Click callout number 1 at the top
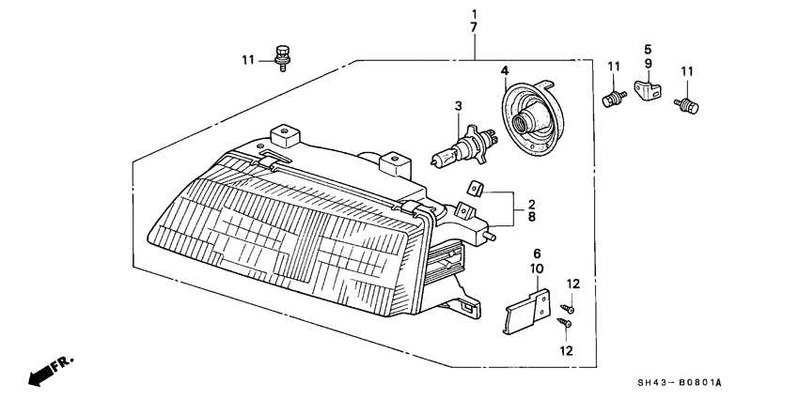pos(475,14)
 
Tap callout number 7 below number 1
pos(475,29)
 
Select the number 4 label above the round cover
pos(504,70)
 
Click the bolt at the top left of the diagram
pos(280,57)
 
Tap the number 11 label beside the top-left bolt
pos(248,61)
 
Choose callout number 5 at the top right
pos(648,48)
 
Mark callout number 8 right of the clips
pos(531,217)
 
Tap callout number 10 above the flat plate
pos(537,269)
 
